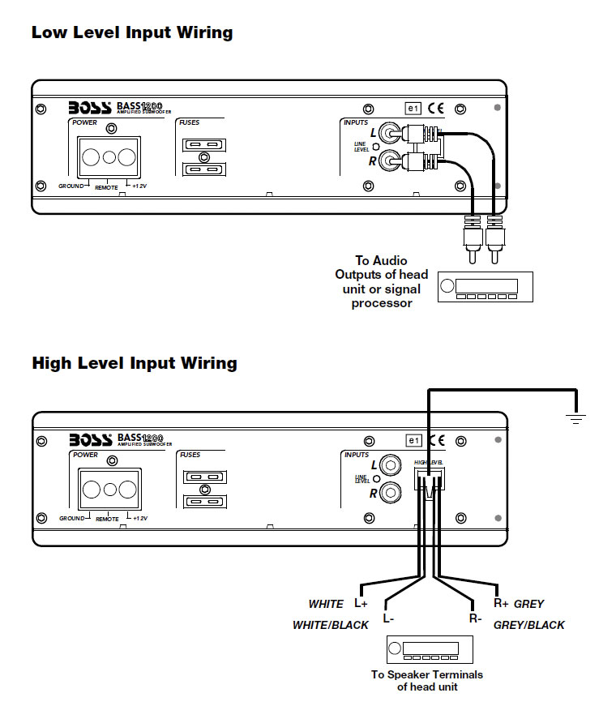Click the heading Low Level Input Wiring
pos(131,33)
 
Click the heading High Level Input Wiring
pos(134,363)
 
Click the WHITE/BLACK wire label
pos(330,625)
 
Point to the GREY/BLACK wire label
pos(528,625)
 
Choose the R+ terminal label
pos(501,603)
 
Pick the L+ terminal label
pos(361,604)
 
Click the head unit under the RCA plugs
pos(485,287)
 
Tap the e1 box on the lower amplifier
pos(414,440)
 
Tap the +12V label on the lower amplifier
pos(140,518)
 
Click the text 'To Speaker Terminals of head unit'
pos(426,681)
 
